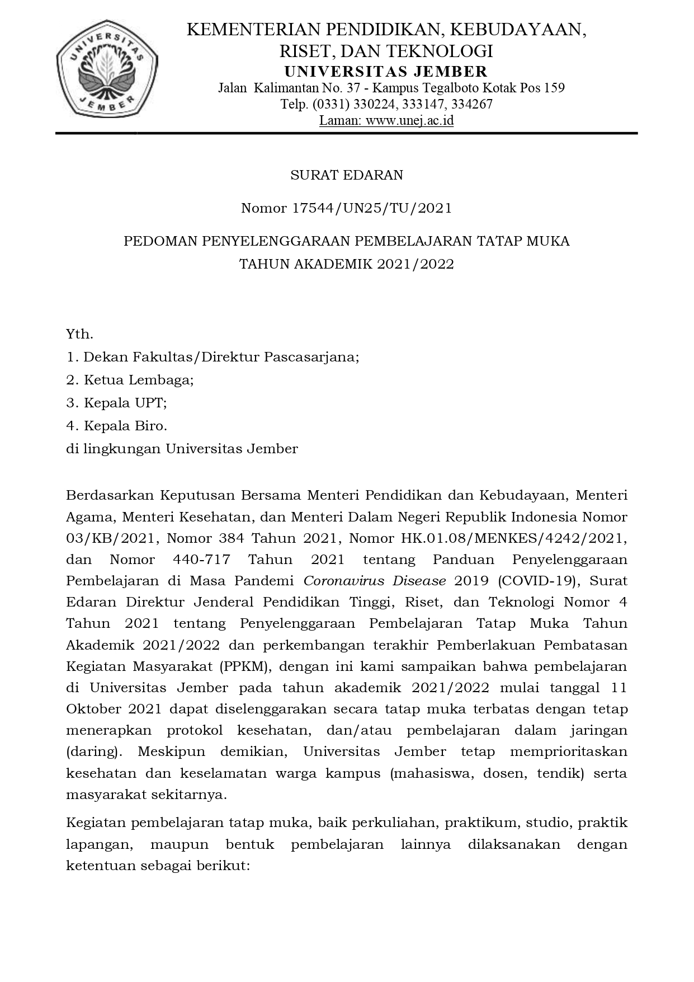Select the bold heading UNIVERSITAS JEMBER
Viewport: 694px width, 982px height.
pyautogui.click(x=386, y=72)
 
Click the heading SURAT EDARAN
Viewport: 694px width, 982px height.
pyautogui.click(x=347, y=175)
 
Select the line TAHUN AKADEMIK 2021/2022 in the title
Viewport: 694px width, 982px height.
pyautogui.click(x=347, y=264)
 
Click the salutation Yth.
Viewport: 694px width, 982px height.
pyautogui.click(x=79, y=335)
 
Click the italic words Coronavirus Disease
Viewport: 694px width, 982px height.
pyautogui.click(x=375, y=581)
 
